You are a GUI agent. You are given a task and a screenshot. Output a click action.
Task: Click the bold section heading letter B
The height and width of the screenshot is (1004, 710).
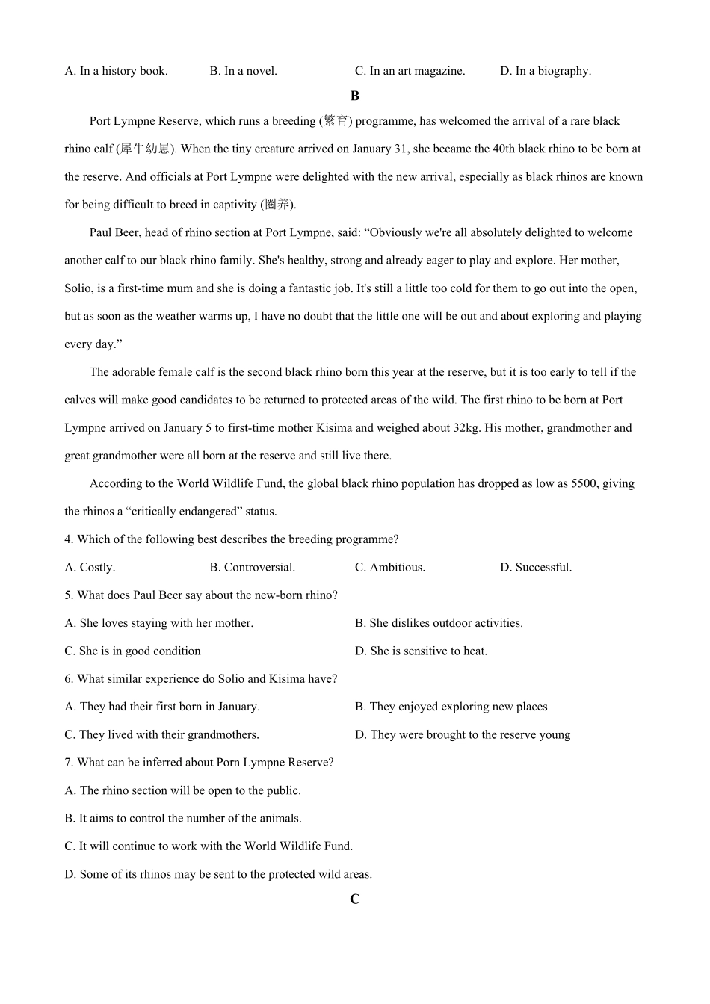pos(354,96)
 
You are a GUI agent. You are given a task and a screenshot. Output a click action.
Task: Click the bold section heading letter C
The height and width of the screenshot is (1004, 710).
pos(354,899)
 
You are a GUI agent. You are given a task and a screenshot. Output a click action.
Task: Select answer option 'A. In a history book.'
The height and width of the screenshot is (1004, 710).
pos(116,71)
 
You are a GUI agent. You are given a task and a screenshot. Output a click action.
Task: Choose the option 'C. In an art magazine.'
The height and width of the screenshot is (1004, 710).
pos(410,71)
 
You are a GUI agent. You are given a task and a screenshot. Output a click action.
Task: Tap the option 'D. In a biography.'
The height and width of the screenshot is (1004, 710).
pos(546,71)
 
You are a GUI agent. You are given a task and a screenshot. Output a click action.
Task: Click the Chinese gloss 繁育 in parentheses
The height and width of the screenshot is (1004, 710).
pos(336,121)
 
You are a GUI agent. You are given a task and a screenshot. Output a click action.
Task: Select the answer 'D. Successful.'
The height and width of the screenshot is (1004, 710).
pos(536,567)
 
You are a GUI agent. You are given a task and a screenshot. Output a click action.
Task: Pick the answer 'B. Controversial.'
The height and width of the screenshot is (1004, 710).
pos(252,567)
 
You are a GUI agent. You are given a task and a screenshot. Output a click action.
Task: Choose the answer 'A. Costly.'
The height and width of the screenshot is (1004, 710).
pos(90,567)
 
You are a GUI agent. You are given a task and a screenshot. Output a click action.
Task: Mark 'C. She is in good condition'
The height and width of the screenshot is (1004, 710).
pos(132,651)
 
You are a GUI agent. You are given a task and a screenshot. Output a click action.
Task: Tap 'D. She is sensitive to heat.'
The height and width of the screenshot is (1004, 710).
pos(421,651)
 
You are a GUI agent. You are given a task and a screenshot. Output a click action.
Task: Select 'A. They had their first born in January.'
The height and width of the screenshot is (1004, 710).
pos(162,707)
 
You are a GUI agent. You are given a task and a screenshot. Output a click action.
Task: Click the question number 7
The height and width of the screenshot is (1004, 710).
pos(68,763)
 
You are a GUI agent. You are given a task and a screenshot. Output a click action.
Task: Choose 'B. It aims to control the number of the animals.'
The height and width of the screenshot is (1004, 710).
pos(183,818)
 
